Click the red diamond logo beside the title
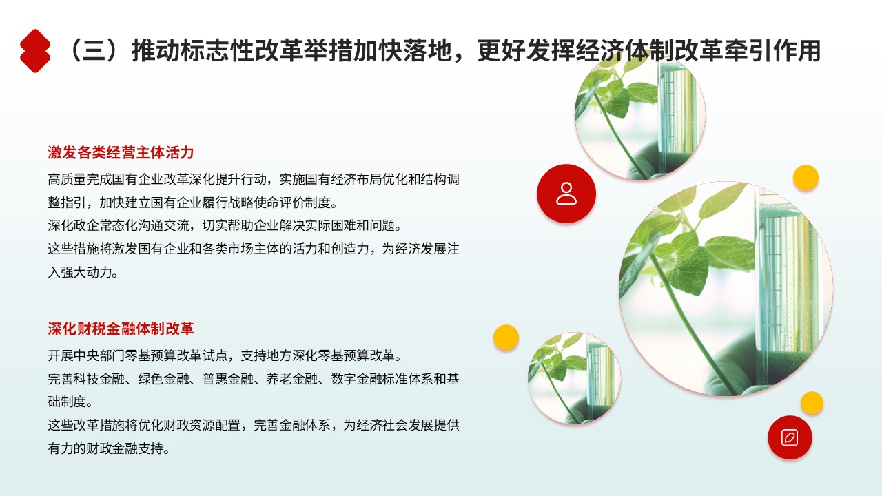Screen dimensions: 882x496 (x=35, y=51)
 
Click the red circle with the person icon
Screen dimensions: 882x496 (x=566, y=194)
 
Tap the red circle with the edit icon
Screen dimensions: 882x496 (x=790, y=437)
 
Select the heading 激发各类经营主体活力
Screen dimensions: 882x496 (x=121, y=152)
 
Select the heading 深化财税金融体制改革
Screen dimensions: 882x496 (x=121, y=329)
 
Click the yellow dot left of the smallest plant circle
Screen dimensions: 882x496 (x=506, y=338)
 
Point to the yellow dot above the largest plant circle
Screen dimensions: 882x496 (x=806, y=178)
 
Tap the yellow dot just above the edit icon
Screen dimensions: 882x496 (x=812, y=403)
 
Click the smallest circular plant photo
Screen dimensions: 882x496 (x=574, y=378)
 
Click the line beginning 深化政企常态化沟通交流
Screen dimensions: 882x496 (x=225, y=225)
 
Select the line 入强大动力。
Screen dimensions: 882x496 (x=83, y=272)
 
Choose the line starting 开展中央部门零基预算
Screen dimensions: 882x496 (x=225, y=355)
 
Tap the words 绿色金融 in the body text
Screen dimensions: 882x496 (x=163, y=379)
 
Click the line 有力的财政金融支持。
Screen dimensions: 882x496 (x=109, y=448)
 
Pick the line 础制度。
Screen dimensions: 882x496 (x=70, y=402)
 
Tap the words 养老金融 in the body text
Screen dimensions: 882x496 (x=291, y=379)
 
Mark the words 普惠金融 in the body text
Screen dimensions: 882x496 (x=227, y=379)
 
